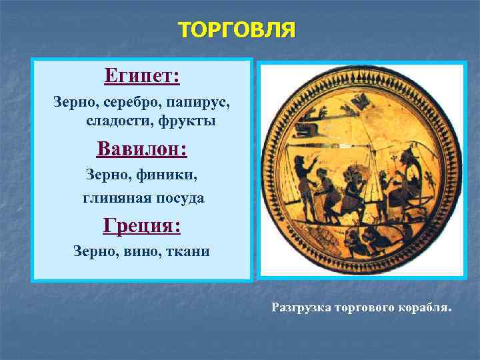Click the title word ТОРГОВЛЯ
pyautogui.click(x=237, y=31)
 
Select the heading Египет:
pyautogui.click(x=141, y=75)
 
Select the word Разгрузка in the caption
pyautogui.click(x=301, y=308)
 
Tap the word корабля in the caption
pyautogui.click(x=427, y=308)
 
